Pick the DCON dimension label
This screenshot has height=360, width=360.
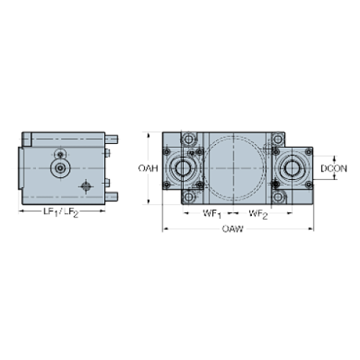click(334, 168)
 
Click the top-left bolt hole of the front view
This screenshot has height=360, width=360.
click(189, 139)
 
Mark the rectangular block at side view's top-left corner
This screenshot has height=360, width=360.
click(28, 137)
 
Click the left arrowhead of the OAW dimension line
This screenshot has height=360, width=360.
click(165, 229)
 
